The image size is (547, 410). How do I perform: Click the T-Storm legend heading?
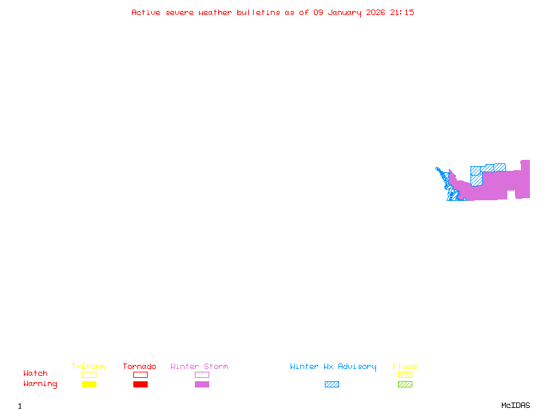[x=88, y=367]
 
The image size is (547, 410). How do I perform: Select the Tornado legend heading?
[x=139, y=367]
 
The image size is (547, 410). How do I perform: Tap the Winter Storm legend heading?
[x=199, y=367]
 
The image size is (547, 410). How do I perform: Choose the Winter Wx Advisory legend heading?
[x=333, y=367]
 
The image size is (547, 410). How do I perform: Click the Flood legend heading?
[x=405, y=367]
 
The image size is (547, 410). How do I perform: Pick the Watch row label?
[x=36, y=374]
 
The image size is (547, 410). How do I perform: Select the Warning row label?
[x=40, y=384]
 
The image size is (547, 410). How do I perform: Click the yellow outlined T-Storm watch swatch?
[x=89, y=374]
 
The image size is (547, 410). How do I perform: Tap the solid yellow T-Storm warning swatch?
[x=89, y=385]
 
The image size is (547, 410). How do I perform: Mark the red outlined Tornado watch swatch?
[x=140, y=374]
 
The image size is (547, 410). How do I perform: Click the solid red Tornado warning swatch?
[x=140, y=385]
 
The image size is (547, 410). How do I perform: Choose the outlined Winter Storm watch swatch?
[x=202, y=374]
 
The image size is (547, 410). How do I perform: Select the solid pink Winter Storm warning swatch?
[x=202, y=385]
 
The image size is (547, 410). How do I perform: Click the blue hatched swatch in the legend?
[x=332, y=385]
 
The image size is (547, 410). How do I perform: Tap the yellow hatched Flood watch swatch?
[x=405, y=374]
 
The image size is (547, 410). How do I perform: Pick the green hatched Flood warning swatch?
[x=405, y=385]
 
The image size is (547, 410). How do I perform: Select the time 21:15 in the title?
[x=402, y=12]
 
